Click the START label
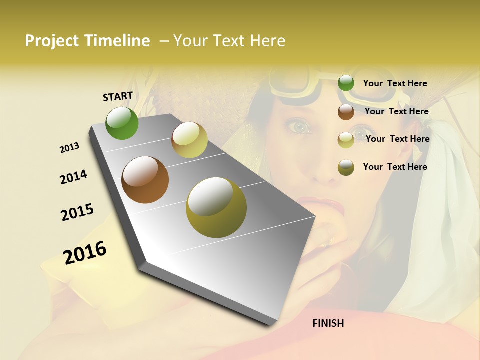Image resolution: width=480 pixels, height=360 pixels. tap(118, 96)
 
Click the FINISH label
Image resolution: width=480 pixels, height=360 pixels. tap(328, 323)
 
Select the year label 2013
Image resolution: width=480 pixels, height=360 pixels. tap(69, 148)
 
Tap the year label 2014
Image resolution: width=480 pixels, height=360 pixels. tap(73, 177)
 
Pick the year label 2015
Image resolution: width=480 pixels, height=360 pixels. tap(77, 212)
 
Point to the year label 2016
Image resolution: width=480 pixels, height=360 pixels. tap(85, 252)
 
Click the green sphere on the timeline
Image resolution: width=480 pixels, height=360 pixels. tap(122, 123)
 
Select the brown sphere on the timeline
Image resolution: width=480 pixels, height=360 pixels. tap(145, 180)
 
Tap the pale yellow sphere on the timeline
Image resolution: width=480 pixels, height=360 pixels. tap(189, 140)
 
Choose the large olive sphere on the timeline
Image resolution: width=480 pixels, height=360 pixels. tap(216, 207)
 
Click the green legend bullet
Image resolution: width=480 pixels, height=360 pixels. tap(346, 83)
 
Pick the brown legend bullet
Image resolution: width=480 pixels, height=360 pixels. tap(346, 112)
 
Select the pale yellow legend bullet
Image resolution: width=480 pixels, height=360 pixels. tap(346, 139)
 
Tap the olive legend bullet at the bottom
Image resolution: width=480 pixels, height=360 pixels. tap(346, 167)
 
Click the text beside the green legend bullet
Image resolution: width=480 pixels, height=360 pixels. tap(395, 83)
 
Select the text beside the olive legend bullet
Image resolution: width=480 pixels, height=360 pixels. tap(395, 167)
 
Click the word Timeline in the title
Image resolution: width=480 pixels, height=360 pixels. tap(117, 41)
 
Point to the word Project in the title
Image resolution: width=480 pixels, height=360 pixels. tap(52, 41)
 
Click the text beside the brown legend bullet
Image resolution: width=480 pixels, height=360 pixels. tap(396, 111)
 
